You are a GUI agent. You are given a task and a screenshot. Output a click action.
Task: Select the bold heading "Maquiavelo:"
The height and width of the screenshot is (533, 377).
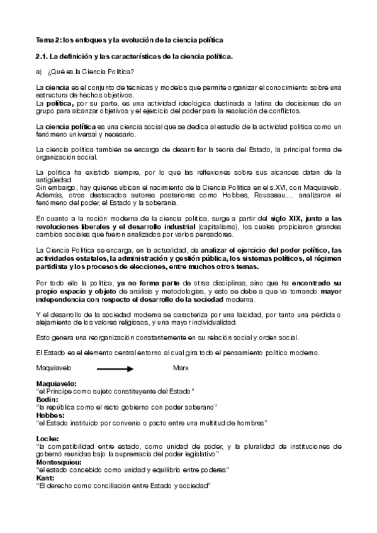[57, 383]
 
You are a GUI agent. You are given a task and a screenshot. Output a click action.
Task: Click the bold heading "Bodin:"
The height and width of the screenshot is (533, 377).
[47, 400]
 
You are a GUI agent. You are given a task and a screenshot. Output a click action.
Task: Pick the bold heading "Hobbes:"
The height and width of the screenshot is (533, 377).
[50, 415]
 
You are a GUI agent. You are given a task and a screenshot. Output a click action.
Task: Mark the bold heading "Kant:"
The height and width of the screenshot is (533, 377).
[45, 478]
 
